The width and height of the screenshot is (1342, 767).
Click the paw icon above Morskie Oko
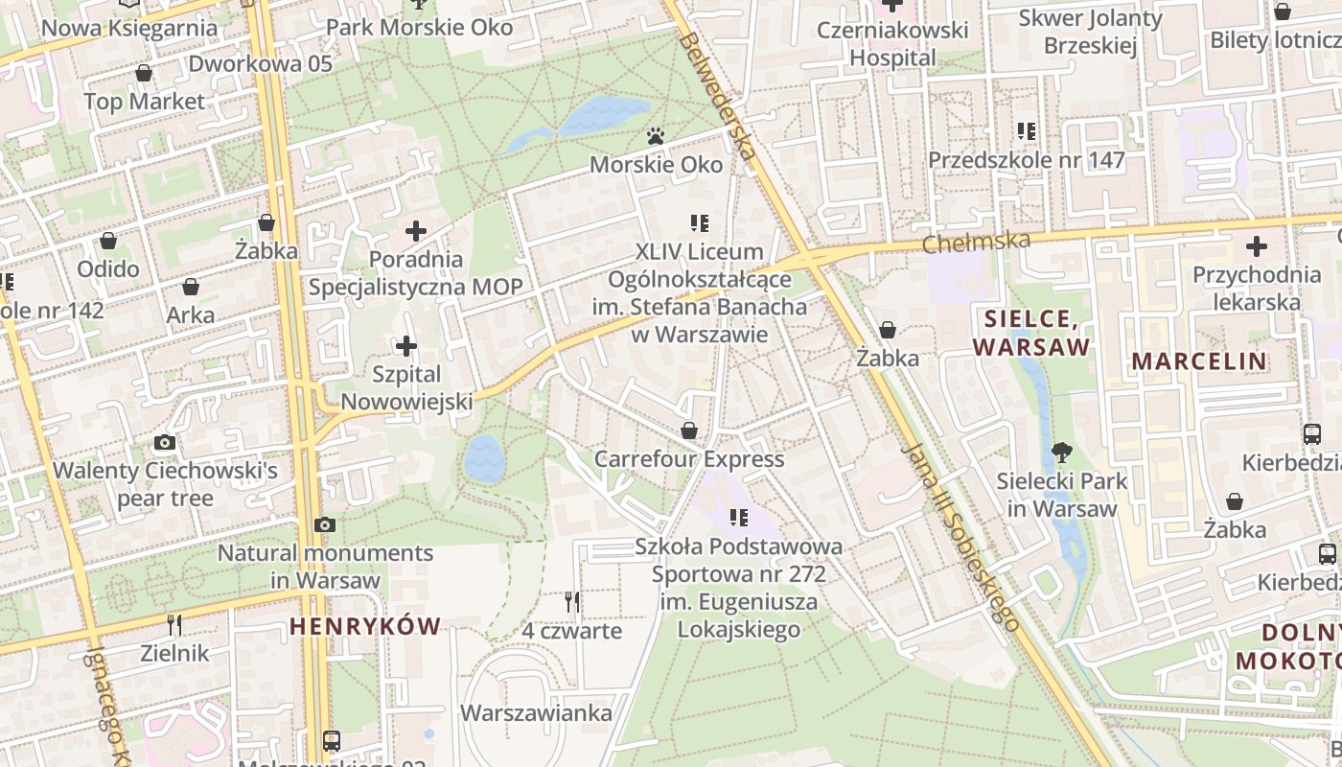[656, 137]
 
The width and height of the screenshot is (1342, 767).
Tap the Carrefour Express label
[689, 459]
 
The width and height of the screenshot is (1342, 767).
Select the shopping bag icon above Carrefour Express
[689, 430]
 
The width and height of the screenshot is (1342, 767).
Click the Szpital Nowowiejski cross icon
[406, 345]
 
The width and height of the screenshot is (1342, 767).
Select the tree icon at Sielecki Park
[1061, 452]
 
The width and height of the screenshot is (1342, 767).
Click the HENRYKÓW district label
[365, 627]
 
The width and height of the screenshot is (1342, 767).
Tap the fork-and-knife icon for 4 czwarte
[571, 602]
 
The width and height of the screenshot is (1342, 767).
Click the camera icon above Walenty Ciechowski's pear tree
[165, 442]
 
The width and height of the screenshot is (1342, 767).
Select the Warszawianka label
[536, 713]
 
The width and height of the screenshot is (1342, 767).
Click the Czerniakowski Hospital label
[892, 43]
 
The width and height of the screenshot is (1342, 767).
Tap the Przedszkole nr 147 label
[1026, 160]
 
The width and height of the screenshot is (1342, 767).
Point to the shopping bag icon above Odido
[108, 241]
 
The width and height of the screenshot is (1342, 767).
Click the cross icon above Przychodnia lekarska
[1256, 246]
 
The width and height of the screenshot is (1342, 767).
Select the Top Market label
[144, 102]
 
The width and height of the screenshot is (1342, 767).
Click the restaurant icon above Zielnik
[174, 625]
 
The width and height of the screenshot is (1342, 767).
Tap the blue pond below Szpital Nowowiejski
[484, 458]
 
